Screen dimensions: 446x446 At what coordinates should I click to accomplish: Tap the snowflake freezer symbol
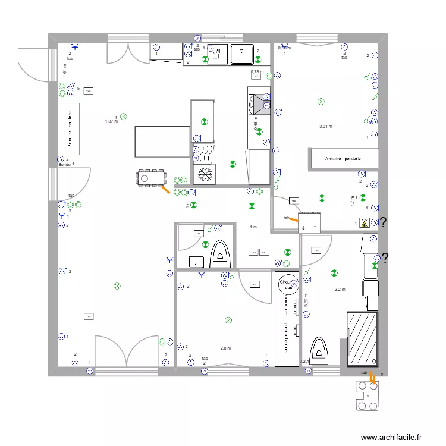(205, 174)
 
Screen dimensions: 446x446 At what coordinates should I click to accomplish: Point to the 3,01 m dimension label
(326, 127)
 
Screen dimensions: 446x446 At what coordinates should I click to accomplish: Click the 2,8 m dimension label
(225, 348)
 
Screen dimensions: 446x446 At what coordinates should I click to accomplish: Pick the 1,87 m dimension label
(111, 121)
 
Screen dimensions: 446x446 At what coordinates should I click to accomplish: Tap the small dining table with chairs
(151, 177)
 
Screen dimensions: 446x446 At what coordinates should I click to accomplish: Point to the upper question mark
(384, 223)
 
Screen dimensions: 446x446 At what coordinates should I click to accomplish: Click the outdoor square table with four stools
(366, 395)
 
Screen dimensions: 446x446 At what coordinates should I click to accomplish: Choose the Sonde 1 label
(66, 164)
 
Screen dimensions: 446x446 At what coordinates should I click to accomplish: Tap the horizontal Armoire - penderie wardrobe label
(344, 159)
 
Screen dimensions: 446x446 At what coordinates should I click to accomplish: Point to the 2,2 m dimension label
(340, 290)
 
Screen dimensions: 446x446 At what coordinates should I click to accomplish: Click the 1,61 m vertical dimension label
(64, 70)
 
